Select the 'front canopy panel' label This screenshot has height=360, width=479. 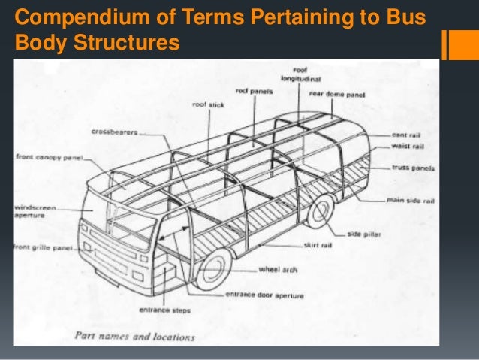click(49, 158)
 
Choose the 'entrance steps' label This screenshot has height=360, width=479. click(164, 310)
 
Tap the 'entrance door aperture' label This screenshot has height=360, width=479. click(265, 295)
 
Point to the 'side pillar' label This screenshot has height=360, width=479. click(365, 233)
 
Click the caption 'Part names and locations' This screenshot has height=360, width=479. click(134, 336)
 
